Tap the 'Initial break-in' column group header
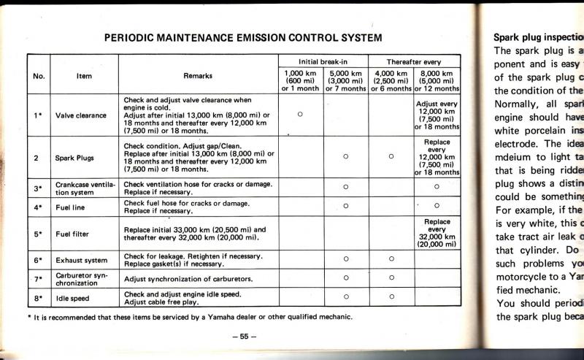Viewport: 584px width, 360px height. pyautogui.click(x=324, y=61)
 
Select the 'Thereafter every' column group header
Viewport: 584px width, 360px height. pyautogui.click(x=414, y=61)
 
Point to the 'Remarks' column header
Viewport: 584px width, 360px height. pyautogui.click(x=199, y=75)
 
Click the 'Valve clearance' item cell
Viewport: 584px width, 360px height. pyautogui.click(x=81, y=115)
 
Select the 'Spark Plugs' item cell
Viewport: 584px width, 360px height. pyautogui.click(x=74, y=157)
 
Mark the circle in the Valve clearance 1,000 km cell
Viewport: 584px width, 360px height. pyautogui.click(x=301, y=113)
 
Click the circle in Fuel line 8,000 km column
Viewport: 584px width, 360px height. pyautogui.click(x=437, y=206)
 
